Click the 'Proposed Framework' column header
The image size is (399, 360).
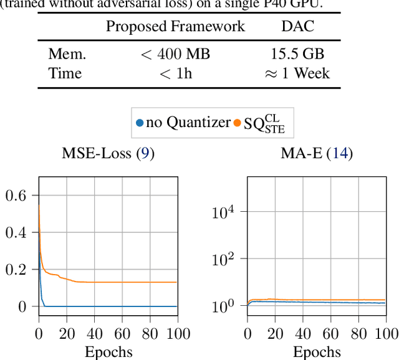coord(175,27)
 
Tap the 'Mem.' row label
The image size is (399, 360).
coord(67,54)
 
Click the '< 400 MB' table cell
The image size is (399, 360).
coord(175,54)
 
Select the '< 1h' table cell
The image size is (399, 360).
coord(175,73)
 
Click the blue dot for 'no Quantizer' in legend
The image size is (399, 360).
coord(140,123)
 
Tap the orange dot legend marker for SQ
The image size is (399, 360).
coord(237,123)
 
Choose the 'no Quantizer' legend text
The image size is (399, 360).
coord(188,123)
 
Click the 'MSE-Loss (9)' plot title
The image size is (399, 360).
coord(108,153)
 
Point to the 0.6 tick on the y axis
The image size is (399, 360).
coord(17,196)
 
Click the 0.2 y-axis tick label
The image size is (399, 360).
coord(17,270)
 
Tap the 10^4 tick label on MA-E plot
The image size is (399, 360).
coord(223,212)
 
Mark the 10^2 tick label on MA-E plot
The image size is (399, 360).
coord(223,258)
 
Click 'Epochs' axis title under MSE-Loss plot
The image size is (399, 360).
coord(108,351)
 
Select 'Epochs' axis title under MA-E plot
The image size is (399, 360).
coord(317,351)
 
